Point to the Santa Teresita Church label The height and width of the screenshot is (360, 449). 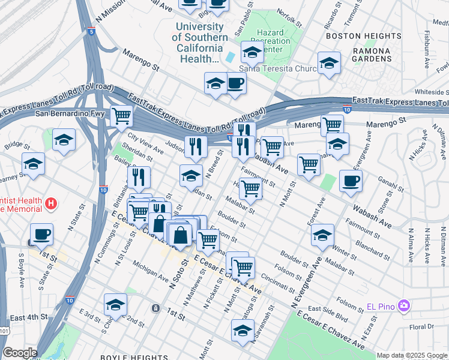[x=282, y=69]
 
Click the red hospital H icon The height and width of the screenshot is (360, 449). [x=52, y=204]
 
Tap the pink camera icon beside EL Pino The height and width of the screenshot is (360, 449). [x=404, y=306]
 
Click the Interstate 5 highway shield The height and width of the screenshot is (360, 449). [x=91, y=31]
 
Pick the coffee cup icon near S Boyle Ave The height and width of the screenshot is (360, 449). [x=41, y=234]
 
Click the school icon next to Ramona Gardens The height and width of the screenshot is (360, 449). [x=329, y=63]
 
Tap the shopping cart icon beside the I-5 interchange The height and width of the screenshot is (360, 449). [x=122, y=114]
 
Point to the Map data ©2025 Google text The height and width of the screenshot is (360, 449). [x=412, y=355]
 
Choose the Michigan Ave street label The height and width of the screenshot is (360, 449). [x=150, y=271]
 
